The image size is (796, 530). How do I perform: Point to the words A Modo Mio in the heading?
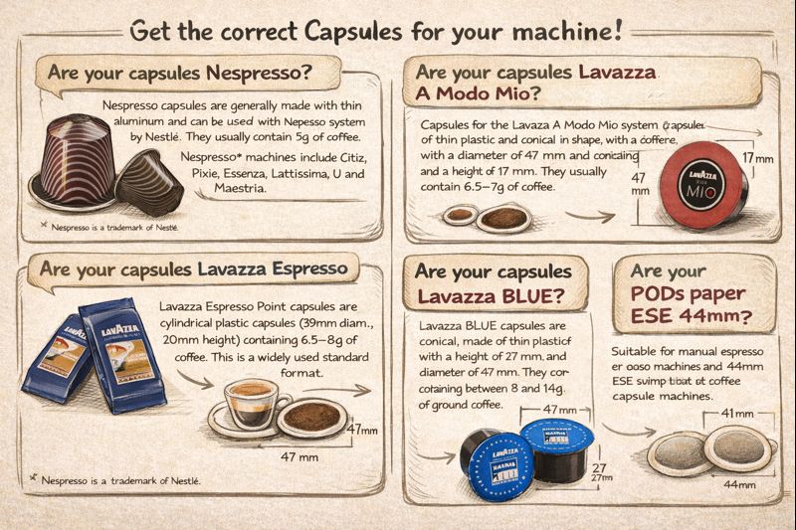point(474,95)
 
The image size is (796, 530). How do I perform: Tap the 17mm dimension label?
point(757,159)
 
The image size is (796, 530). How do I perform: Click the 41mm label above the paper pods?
point(735,413)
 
